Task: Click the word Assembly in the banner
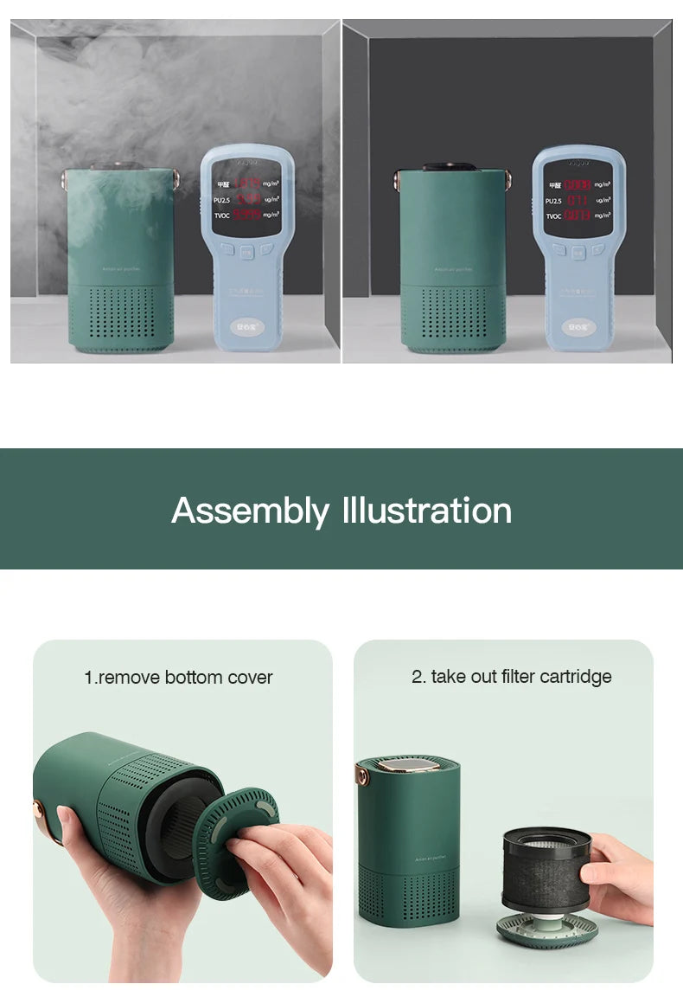[250, 511]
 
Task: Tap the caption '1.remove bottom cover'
[178, 678]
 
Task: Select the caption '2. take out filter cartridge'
[511, 677]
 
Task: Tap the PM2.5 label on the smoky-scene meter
[223, 199]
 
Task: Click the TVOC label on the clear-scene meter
[553, 215]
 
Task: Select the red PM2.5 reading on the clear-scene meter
[578, 201]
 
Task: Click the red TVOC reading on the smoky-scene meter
[246, 214]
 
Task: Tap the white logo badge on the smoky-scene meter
[246, 327]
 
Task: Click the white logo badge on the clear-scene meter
[578, 327]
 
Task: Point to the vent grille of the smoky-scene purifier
[121, 318]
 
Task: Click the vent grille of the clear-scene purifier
[453, 318]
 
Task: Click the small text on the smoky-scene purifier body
[121, 269]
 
